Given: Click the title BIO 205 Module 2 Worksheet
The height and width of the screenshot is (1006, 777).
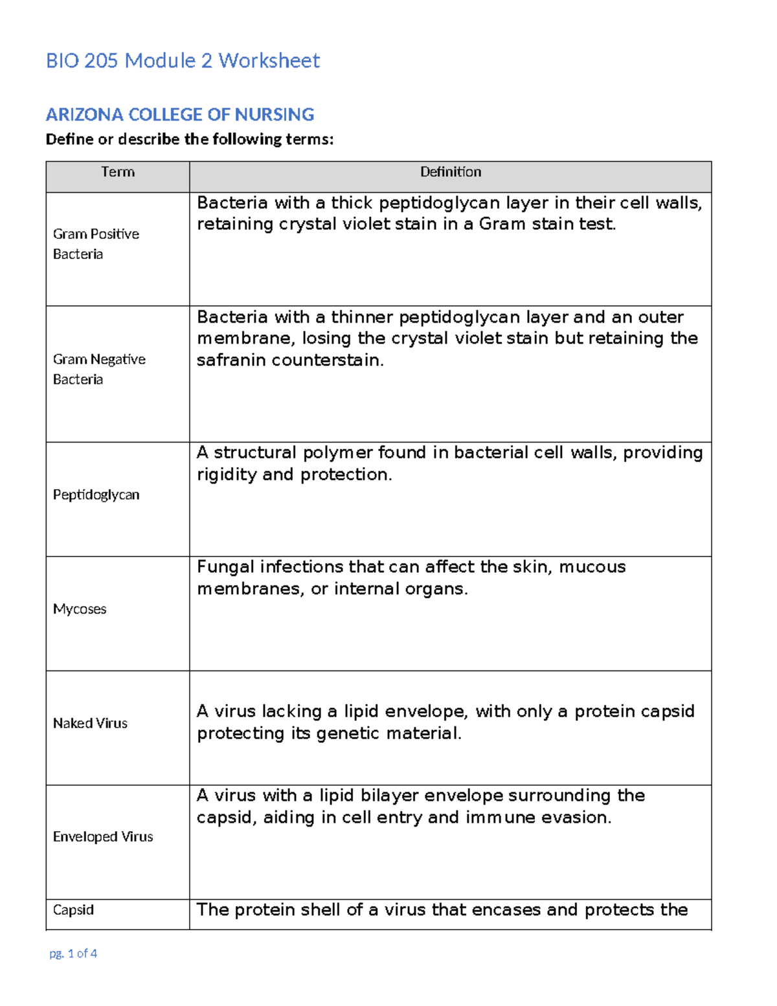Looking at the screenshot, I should (x=183, y=61).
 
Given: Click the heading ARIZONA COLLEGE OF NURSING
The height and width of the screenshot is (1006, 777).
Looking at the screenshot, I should (x=179, y=115).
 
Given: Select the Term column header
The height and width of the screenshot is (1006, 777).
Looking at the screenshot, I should (x=118, y=172).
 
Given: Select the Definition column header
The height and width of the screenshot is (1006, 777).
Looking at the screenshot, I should (x=451, y=172).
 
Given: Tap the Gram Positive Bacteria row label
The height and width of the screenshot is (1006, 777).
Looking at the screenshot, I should (x=96, y=244).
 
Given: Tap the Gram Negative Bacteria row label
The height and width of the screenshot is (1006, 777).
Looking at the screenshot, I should (x=99, y=369).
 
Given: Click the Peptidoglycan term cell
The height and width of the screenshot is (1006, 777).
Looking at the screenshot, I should (x=96, y=495).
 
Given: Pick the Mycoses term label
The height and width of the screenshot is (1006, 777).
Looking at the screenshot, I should (x=80, y=610).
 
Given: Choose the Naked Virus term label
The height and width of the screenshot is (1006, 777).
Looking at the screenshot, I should (x=90, y=724).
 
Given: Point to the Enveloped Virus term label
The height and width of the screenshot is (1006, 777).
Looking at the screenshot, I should (x=103, y=837).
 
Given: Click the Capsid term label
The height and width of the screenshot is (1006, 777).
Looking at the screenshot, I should (x=73, y=910).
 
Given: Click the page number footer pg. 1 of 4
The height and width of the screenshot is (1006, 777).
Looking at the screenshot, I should (x=73, y=954).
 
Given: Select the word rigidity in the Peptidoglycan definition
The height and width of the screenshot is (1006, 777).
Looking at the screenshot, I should (x=227, y=475).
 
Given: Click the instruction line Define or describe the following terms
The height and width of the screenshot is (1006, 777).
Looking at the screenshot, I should (x=190, y=139).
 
